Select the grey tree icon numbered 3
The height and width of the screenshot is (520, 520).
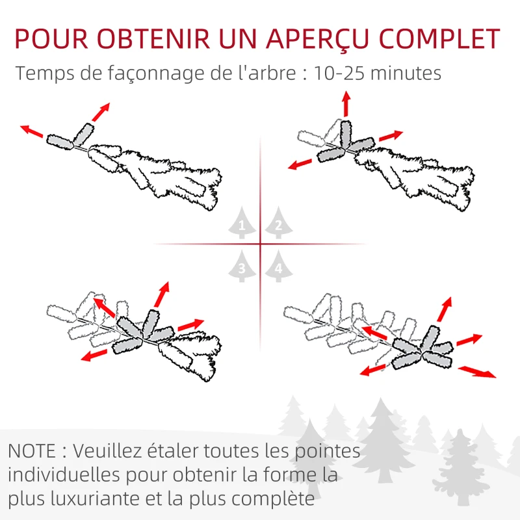pos(242,267)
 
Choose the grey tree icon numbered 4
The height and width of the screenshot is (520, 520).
pos(278,267)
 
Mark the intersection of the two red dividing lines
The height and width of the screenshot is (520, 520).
pos(260,244)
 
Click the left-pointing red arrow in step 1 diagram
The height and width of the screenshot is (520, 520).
pos(31,131)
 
